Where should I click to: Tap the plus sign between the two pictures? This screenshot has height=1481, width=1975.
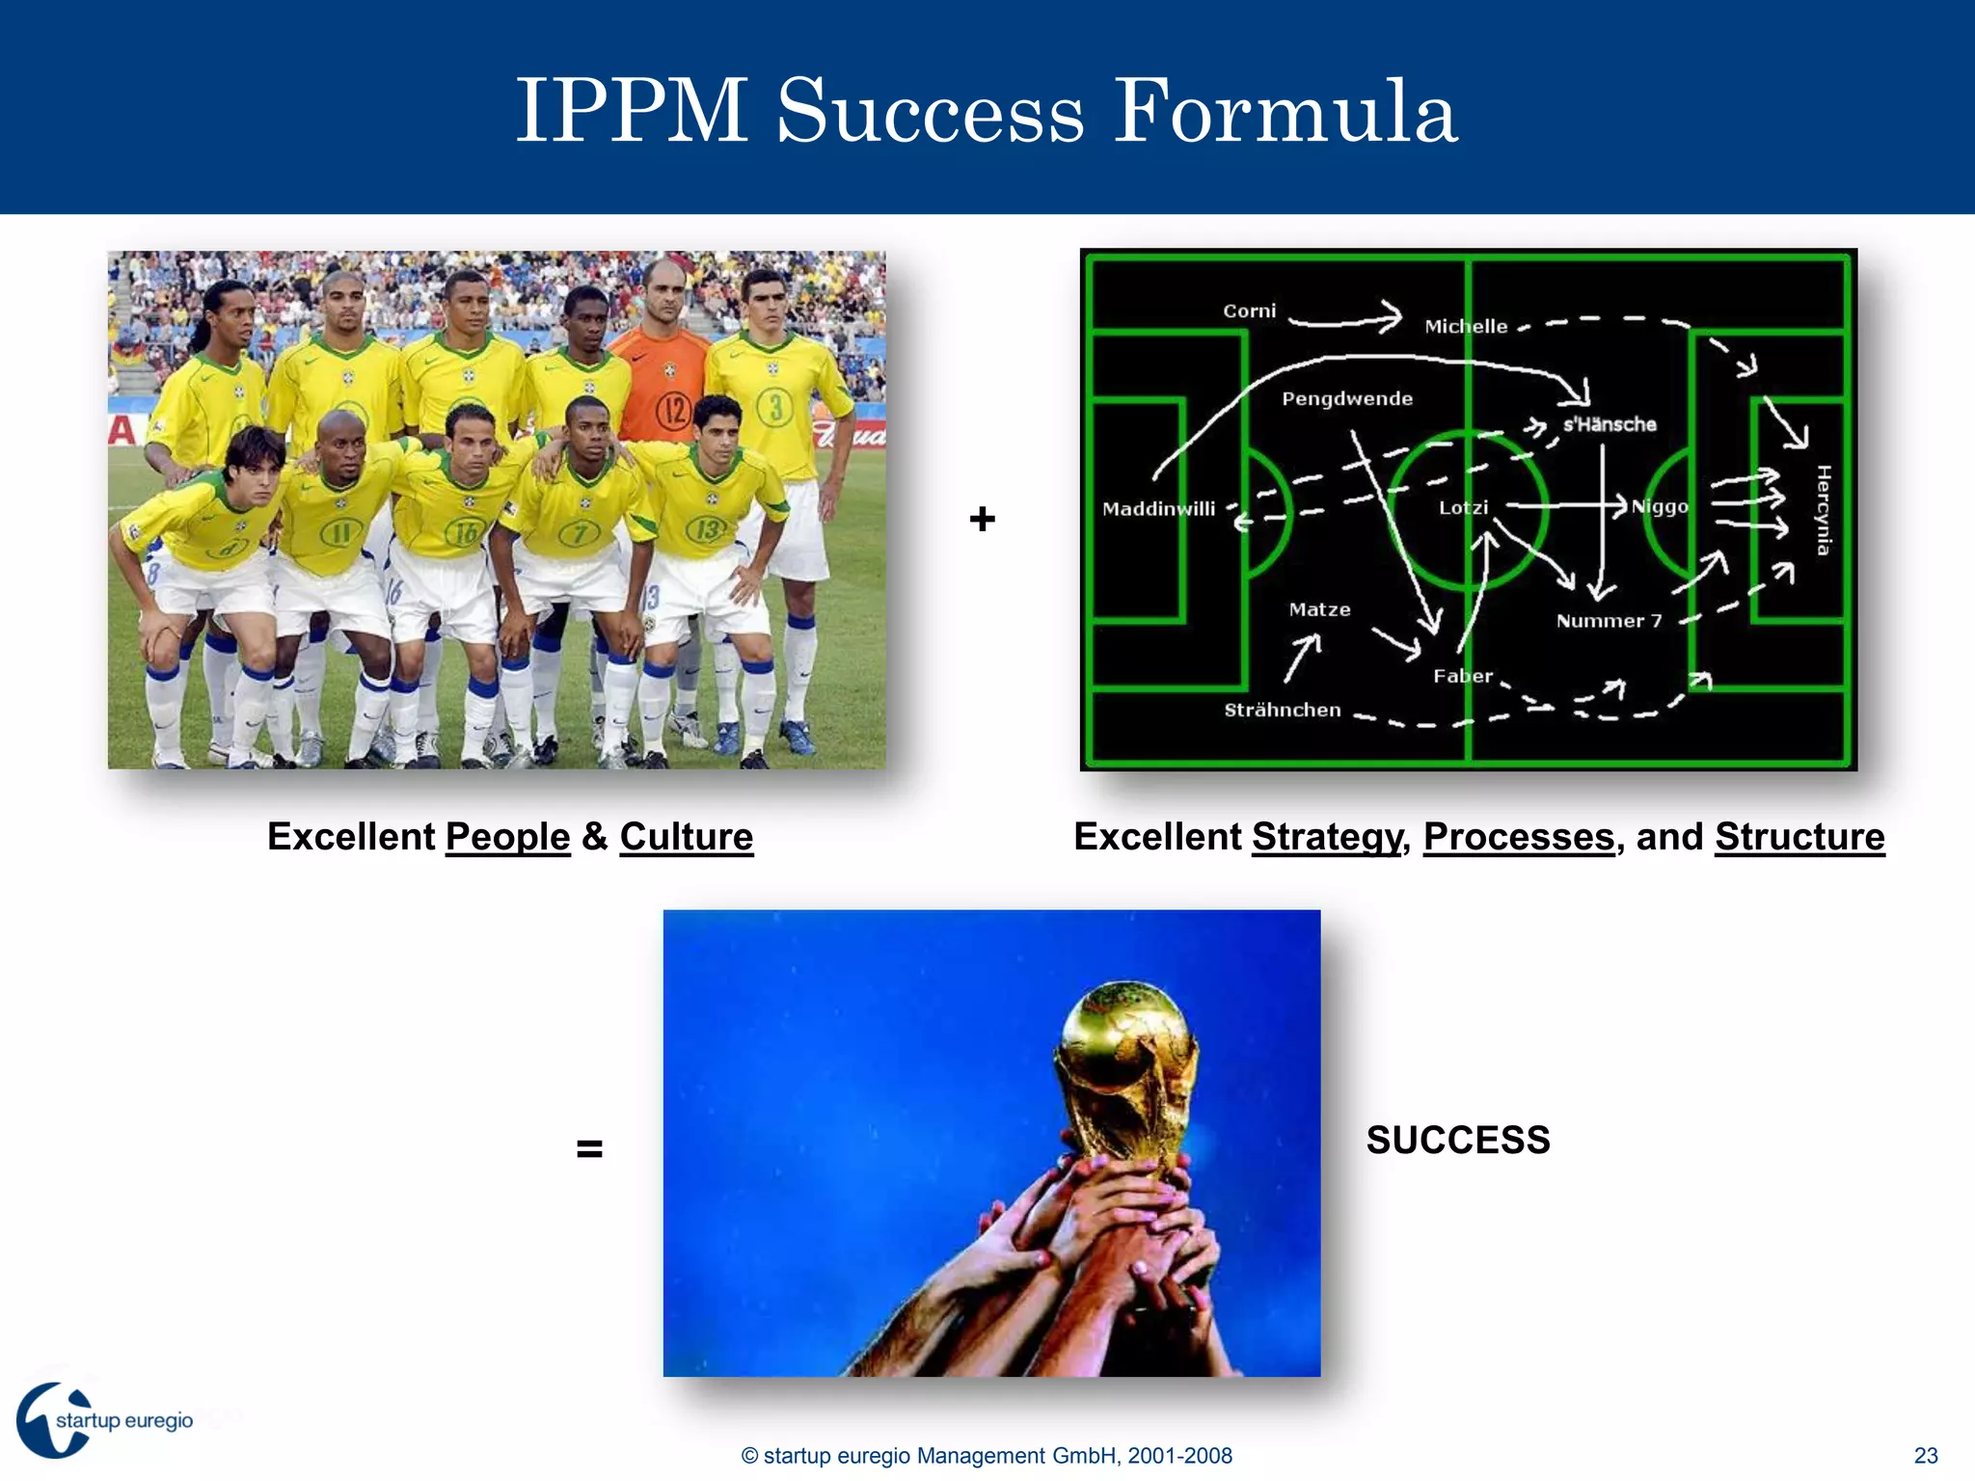click(982, 519)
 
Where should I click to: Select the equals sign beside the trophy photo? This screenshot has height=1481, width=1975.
click(589, 1148)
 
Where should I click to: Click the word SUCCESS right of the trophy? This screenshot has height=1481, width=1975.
click(1457, 1141)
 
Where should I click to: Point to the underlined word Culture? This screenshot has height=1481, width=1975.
click(686, 837)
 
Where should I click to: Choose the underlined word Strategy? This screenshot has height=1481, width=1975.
click(1326, 837)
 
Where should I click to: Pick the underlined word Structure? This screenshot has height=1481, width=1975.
click(1799, 837)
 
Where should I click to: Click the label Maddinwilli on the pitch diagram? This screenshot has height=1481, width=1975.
click(1158, 509)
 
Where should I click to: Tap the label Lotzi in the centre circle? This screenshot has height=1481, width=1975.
click(1463, 508)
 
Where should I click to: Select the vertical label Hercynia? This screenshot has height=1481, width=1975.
click(1823, 510)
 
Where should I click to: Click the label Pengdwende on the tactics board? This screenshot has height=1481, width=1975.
click(1347, 399)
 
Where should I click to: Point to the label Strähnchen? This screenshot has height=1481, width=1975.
click(1283, 711)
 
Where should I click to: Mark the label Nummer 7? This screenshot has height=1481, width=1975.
click(1609, 622)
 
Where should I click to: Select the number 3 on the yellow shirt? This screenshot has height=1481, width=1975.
click(775, 408)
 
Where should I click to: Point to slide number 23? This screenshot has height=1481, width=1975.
click(1926, 1456)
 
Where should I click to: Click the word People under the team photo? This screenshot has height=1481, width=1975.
click(507, 837)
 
